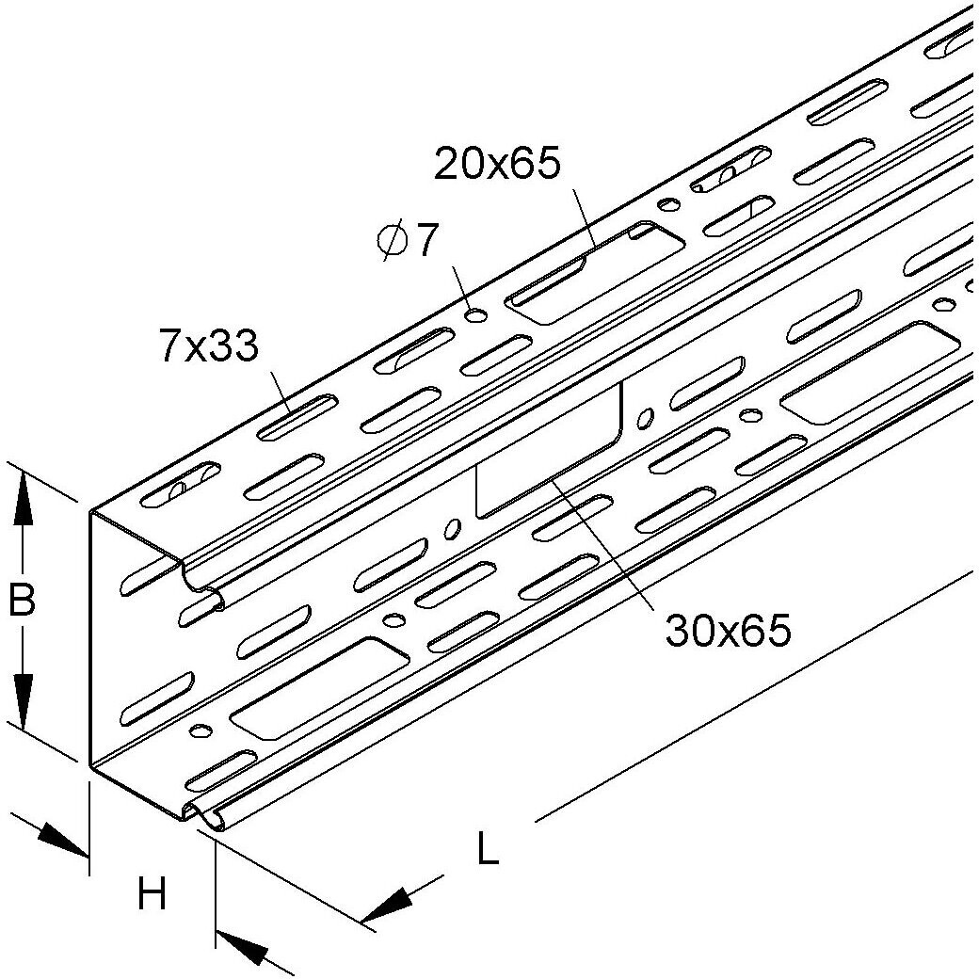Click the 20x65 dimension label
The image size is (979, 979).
(x=498, y=165)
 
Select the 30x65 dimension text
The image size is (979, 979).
(x=728, y=630)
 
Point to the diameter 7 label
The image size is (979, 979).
(x=407, y=240)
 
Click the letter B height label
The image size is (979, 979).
(x=23, y=599)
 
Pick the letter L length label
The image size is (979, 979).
(x=488, y=847)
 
